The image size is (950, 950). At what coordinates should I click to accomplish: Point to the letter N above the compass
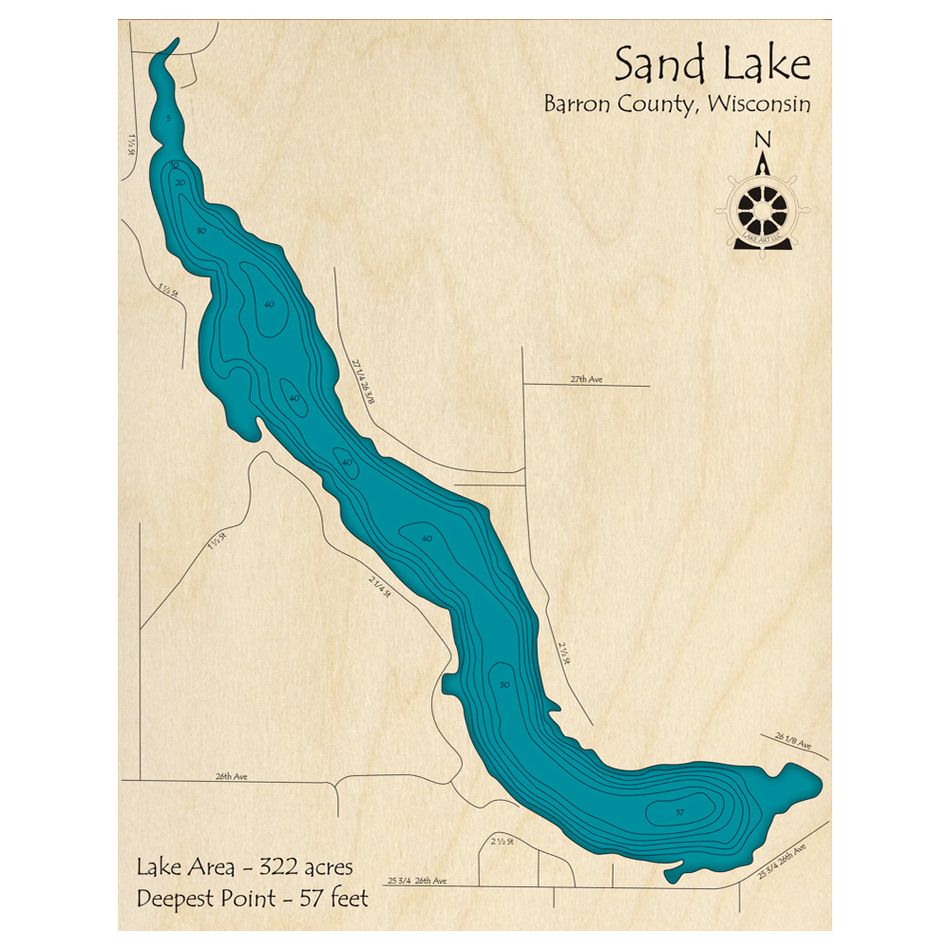click(x=761, y=141)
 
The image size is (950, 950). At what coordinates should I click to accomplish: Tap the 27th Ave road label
click(x=586, y=379)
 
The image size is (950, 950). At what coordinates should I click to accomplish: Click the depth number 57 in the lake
click(x=679, y=812)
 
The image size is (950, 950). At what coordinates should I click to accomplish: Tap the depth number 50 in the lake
click(x=503, y=685)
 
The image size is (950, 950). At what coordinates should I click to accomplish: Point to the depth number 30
click(x=199, y=231)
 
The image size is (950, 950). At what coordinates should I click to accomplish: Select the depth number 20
click(x=180, y=182)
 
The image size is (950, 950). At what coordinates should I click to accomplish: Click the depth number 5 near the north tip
click(x=168, y=119)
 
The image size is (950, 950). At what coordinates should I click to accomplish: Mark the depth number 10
click(x=174, y=166)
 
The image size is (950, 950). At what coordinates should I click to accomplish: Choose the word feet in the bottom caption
click(x=345, y=897)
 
